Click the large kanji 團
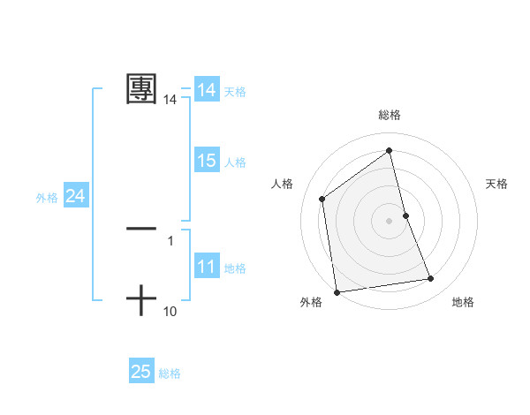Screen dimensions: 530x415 click(x=141, y=89)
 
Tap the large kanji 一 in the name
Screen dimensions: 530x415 click(x=141, y=229)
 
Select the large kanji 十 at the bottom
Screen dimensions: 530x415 click(x=141, y=300)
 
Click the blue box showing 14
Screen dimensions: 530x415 click(x=206, y=90)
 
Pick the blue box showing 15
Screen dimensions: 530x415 click(x=206, y=161)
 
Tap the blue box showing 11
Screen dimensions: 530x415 click(x=206, y=267)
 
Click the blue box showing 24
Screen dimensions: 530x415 click(x=75, y=196)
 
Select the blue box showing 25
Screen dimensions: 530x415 click(x=140, y=372)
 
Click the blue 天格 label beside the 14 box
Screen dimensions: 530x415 click(x=235, y=91)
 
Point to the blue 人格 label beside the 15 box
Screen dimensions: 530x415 click(x=235, y=162)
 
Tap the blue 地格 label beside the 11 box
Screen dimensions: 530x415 click(x=235, y=268)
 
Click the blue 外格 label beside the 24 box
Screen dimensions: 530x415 click(x=47, y=197)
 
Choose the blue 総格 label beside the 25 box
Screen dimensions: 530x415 click(x=170, y=373)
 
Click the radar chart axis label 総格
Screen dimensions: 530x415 click(x=390, y=115)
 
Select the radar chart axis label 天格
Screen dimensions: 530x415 click(x=496, y=184)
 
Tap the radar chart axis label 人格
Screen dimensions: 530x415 click(x=282, y=184)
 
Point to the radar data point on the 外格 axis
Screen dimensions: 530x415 click(x=337, y=291)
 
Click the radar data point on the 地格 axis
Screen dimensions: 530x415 click(x=431, y=279)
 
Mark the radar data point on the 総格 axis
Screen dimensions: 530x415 click(x=390, y=150)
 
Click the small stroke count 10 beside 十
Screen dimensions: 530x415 click(x=170, y=311)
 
